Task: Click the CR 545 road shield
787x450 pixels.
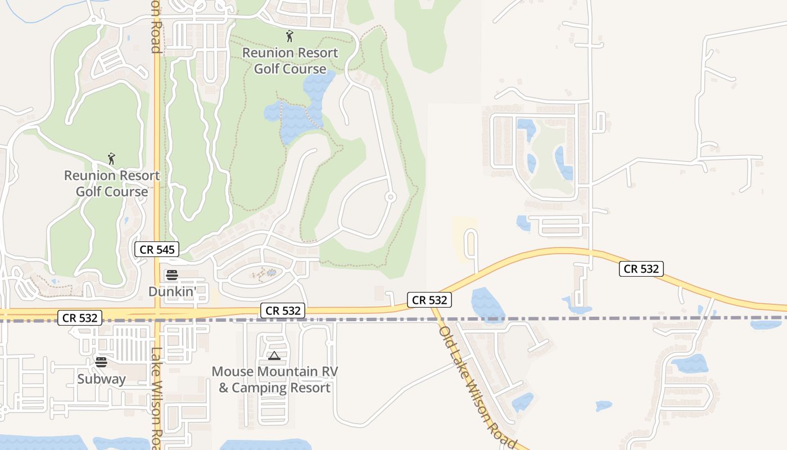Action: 157,250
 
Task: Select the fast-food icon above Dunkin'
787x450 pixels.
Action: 172,275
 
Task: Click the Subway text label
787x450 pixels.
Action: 102,379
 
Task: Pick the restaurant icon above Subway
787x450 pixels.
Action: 101,362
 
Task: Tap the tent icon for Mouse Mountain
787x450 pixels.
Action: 274,355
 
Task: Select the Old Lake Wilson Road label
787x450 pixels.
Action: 478,388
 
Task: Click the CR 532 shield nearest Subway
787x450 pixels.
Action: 80,318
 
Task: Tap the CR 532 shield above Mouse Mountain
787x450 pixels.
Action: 282,310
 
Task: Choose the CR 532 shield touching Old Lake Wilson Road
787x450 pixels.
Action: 429,300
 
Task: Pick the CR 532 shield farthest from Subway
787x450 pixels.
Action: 641,269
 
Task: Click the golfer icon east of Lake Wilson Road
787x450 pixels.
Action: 290,37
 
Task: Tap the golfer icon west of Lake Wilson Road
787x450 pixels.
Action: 111,159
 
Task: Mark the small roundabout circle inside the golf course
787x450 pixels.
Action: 390,197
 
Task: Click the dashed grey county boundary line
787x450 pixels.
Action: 562,318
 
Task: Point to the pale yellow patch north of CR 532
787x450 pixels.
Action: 465,239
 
